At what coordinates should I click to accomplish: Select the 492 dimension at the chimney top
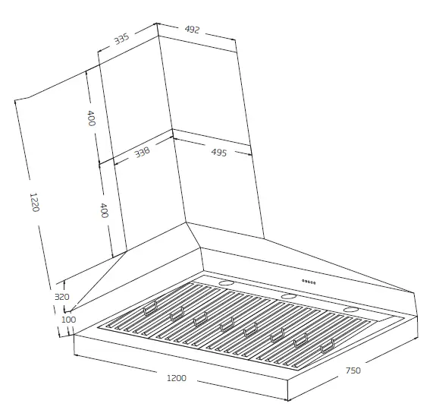point(192,30)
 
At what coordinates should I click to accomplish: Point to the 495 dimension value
point(219,153)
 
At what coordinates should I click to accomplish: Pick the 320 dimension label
point(62,297)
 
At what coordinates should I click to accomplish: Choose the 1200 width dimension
point(176,377)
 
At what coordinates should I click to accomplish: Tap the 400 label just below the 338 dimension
point(105,210)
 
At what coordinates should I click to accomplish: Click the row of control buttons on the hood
point(309,282)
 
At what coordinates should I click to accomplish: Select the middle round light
point(288,296)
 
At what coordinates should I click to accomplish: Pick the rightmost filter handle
point(328,348)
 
